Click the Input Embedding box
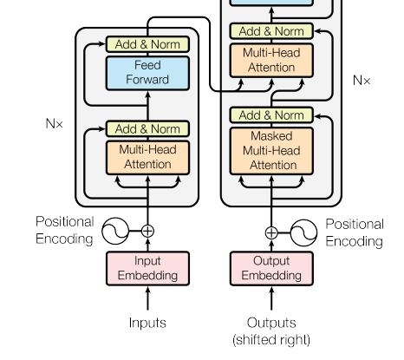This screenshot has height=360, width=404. tap(147, 268)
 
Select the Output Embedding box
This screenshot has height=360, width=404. tap(271, 268)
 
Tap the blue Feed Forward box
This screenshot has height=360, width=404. tap(147, 73)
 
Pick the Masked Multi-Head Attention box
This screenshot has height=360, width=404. tap(271, 151)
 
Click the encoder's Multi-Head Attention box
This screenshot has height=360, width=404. tap(147, 158)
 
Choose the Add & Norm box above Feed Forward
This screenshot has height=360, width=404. tap(147, 44)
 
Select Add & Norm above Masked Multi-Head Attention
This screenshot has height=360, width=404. tap(271, 115)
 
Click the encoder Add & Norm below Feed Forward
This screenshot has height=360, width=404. tap(147, 128)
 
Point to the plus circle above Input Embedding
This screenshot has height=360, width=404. tap(147, 231)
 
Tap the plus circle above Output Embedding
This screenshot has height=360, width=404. tap(271, 232)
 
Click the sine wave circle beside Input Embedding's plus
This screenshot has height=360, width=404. tap(115, 231)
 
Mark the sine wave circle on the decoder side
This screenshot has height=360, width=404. tap(303, 232)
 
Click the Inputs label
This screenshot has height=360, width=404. tap(147, 323)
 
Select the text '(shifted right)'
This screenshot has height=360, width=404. tap(271, 340)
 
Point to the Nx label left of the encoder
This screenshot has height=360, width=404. tap(55, 124)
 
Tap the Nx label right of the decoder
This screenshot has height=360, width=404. tap(362, 80)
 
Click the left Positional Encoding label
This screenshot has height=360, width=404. tap(64, 231)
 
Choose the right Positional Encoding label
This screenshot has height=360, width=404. tap(355, 232)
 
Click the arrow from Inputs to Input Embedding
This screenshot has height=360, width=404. tap(147, 298)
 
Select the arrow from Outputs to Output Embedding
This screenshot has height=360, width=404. tap(271, 298)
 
